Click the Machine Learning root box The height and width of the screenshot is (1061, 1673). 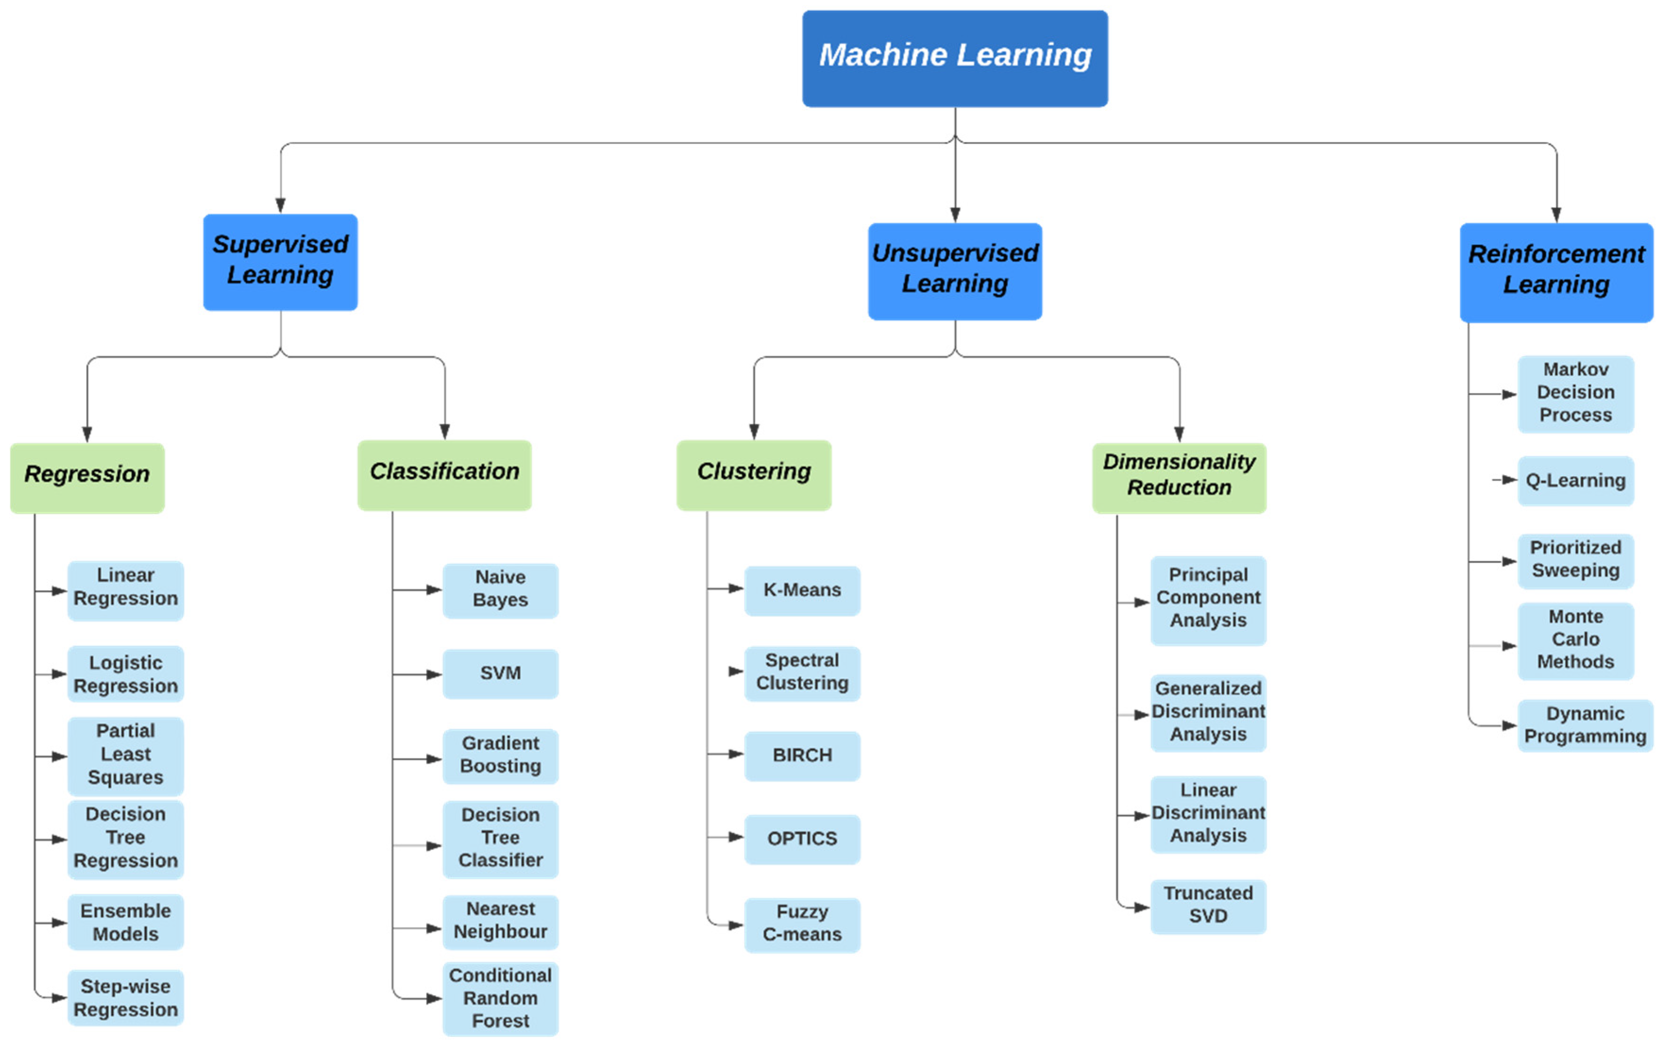tap(955, 58)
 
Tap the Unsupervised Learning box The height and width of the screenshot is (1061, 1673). tap(955, 271)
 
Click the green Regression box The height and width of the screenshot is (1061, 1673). tap(87, 478)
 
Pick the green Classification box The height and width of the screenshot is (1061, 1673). tap(444, 475)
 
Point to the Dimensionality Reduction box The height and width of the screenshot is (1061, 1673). tap(1178, 478)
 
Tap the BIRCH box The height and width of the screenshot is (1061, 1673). tap(802, 755)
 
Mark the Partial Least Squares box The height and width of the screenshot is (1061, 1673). tap(125, 755)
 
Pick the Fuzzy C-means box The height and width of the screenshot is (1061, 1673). tap(802, 924)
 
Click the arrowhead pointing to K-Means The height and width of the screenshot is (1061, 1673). tap(737, 589)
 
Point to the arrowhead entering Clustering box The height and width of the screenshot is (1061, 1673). tap(754, 432)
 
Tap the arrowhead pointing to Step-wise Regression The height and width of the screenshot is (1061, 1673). tap(60, 999)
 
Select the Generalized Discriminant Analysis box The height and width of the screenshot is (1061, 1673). tap(1208, 712)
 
